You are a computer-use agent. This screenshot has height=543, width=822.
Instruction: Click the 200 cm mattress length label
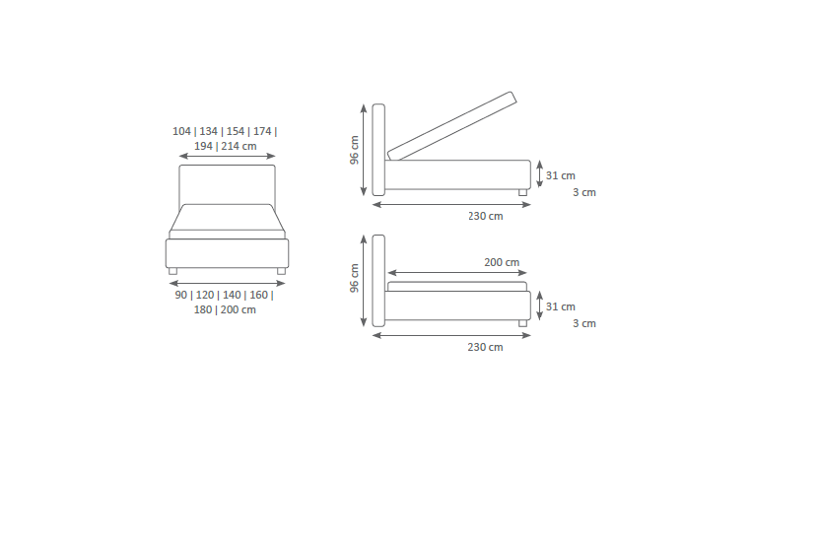coord(502,262)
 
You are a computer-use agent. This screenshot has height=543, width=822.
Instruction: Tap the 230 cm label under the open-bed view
coord(486,216)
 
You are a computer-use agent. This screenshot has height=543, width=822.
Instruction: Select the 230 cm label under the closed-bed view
coord(486,347)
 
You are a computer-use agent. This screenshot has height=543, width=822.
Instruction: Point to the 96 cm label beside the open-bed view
coord(355,150)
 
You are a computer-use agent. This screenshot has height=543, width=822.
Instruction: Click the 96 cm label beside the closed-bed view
coord(355,278)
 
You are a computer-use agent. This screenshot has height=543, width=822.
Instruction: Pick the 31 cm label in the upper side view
coord(561,175)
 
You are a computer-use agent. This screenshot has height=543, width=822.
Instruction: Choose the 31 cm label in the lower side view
coord(561,306)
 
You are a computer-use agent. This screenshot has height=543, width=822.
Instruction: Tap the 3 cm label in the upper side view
coord(584,192)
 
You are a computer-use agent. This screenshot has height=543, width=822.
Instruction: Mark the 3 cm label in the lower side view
coord(584,323)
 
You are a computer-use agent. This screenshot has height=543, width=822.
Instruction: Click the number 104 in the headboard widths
coord(181,131)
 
